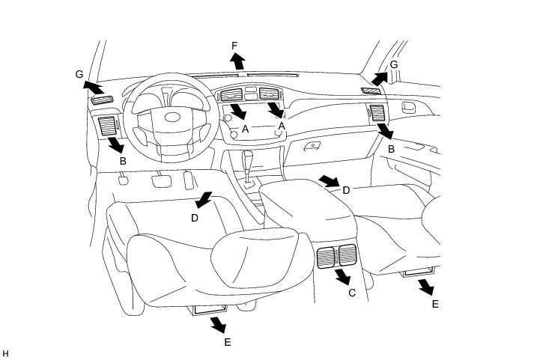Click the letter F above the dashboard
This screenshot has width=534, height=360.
tap(234, 46)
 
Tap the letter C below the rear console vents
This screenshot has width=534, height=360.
tap(352, 293)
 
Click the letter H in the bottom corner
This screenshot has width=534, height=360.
tap(5, 353)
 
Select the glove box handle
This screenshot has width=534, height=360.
tap(308, 147)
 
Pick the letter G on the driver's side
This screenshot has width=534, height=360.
tap(79, 74)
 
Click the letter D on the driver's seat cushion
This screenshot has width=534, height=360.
tap(195, 218)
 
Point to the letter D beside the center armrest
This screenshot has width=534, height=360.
tap(346, 190)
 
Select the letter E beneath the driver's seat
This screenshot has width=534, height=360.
tap(228, 342)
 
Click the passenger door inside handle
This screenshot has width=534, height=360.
tap(410, 107)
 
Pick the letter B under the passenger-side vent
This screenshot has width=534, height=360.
tap(391, 150)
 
